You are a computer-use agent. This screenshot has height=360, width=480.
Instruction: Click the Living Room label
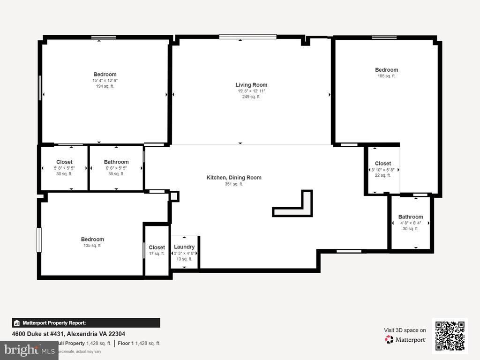coord(251,85)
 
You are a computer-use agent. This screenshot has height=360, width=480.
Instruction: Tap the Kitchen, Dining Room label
coord(234,178)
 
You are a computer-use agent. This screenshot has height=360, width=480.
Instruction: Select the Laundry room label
coord(184,247)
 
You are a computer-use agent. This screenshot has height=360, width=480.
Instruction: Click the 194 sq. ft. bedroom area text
coord(105,86)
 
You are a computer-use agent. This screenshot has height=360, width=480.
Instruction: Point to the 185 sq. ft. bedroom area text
coord(386,76)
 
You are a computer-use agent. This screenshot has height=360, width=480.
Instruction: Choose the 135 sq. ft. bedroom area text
coord(92,246)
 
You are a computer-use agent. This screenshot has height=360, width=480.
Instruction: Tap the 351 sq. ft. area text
coord(234,184)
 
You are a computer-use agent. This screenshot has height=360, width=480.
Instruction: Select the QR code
coord(450,335)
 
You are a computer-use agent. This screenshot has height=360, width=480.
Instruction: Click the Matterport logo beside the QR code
coord(405,339)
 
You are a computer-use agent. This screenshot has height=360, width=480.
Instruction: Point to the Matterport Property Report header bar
coord(86,323)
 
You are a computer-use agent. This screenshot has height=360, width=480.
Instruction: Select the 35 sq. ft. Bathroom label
coord(116,162)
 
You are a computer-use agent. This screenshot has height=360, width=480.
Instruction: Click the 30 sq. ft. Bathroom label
coord(411,217)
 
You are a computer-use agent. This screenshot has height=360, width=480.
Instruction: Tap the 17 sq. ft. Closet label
coord(157,247)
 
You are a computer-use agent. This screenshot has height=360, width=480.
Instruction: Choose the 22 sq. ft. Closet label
coord(383,164)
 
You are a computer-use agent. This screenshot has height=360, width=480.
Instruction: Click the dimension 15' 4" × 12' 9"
coord(105,81)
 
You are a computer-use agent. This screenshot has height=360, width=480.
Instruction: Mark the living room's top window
coord(247,37)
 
